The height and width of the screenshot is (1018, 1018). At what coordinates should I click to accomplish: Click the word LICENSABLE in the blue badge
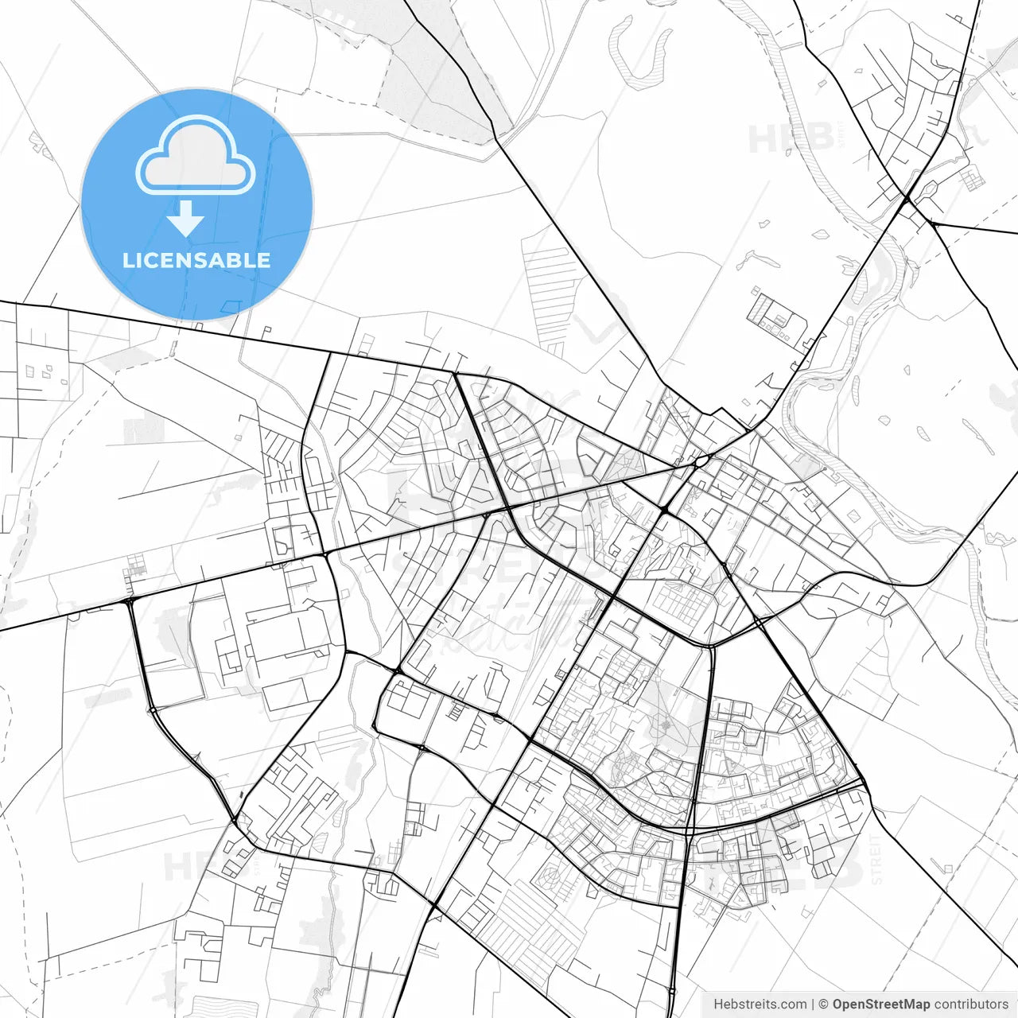tap(196, 260)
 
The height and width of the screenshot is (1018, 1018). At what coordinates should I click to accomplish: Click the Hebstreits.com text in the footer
tap(760, 1004)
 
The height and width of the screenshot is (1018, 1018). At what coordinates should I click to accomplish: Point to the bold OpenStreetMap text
tap(881, 1004)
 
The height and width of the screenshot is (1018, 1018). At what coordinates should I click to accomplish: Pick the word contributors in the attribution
tap(971, 1004)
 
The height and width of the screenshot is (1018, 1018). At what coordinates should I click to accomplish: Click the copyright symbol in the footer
tap(824, 1004)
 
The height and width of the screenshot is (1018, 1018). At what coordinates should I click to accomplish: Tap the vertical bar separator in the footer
tap(814, 1004)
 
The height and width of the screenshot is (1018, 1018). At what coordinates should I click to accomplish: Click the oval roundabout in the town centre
tap(701, 460)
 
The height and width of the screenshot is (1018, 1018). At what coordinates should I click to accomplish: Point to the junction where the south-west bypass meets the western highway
tap(128, 601)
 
